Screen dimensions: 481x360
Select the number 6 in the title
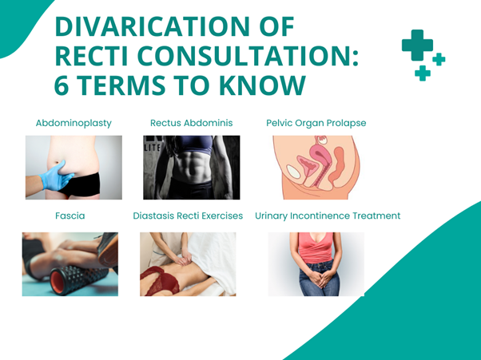pyautogui.click(x=62, y=85)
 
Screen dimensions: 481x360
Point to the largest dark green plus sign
pyautogui.click(x=417, y=45)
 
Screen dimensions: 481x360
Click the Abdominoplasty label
pyautogui.click(x=74, y=123)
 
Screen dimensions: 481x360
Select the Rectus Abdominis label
pyautogui.click(x=192, y=123)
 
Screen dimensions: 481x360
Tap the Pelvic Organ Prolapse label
pyautogui.click(x=316, y=123)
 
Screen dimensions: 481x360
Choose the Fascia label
pyautogui.click(x=70, y=216)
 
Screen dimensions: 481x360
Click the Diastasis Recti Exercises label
pyautogui.click(x=188, y=216)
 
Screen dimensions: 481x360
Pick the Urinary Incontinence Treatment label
pyautogui.click(x=328, y=216)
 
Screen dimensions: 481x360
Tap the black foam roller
pyautogui.click(x=78, y=279)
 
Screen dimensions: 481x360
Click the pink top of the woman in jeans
pyautogui.click(x=316, y=247)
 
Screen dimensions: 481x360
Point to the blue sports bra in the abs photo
pyautogui.click(x=193, y=143)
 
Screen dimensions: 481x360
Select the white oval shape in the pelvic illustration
pyautogui.click(x=293, y=172)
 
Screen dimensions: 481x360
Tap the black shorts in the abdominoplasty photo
pyautogui.click(x=81, y=184)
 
